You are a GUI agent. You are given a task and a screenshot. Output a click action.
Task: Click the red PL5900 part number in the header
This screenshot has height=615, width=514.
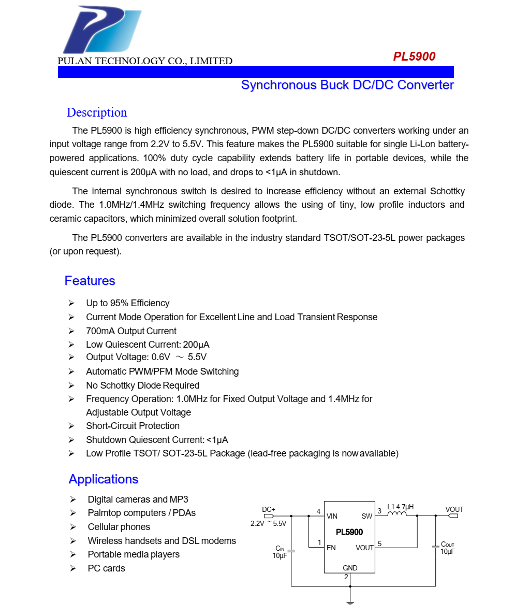[x=414, y=56]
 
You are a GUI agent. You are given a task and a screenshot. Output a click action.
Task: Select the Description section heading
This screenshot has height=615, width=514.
[x=97, y=112]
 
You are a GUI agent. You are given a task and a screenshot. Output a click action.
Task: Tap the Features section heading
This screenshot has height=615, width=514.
[x=90, y=281]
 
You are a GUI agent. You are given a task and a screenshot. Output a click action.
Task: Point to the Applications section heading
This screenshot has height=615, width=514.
[x=104, y=479]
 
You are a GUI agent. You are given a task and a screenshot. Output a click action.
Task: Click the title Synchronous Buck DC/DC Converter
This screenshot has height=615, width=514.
[x=347, y=85]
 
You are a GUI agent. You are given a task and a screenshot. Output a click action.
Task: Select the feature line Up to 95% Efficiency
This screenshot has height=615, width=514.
[x=127, y=303]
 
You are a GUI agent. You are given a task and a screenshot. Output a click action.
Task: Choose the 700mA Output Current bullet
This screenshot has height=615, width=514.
[x=131, y=331]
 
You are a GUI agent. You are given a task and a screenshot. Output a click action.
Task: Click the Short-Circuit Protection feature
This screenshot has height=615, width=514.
[x=133, y=426]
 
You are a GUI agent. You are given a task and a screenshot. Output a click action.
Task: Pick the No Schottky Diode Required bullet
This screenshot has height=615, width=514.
[x=142, y=385]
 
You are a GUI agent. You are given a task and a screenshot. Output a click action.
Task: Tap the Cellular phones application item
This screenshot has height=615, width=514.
[x=119, y=527]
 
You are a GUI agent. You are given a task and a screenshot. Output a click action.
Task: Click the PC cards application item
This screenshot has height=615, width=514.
[x=106, y=568]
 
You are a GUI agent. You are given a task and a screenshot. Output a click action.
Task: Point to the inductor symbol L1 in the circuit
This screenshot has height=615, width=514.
[x=397, y=514]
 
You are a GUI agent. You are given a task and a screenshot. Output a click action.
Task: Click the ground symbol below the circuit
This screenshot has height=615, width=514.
[x=350, y=602]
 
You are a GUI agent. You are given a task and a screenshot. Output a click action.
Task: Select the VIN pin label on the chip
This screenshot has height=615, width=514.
[x=332, y=516]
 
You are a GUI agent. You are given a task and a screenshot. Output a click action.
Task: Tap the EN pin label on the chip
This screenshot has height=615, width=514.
[x=331, y=548]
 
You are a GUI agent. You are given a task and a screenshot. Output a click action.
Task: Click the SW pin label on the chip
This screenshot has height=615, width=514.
[x=366, y=516]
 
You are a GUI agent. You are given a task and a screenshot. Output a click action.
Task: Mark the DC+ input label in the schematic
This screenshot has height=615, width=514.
[x=269, y=509]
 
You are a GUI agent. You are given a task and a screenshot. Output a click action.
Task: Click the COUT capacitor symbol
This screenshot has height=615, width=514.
[x=435, y=547]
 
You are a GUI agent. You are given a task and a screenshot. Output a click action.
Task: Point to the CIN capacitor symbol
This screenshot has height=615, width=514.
[x=291, y=551]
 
